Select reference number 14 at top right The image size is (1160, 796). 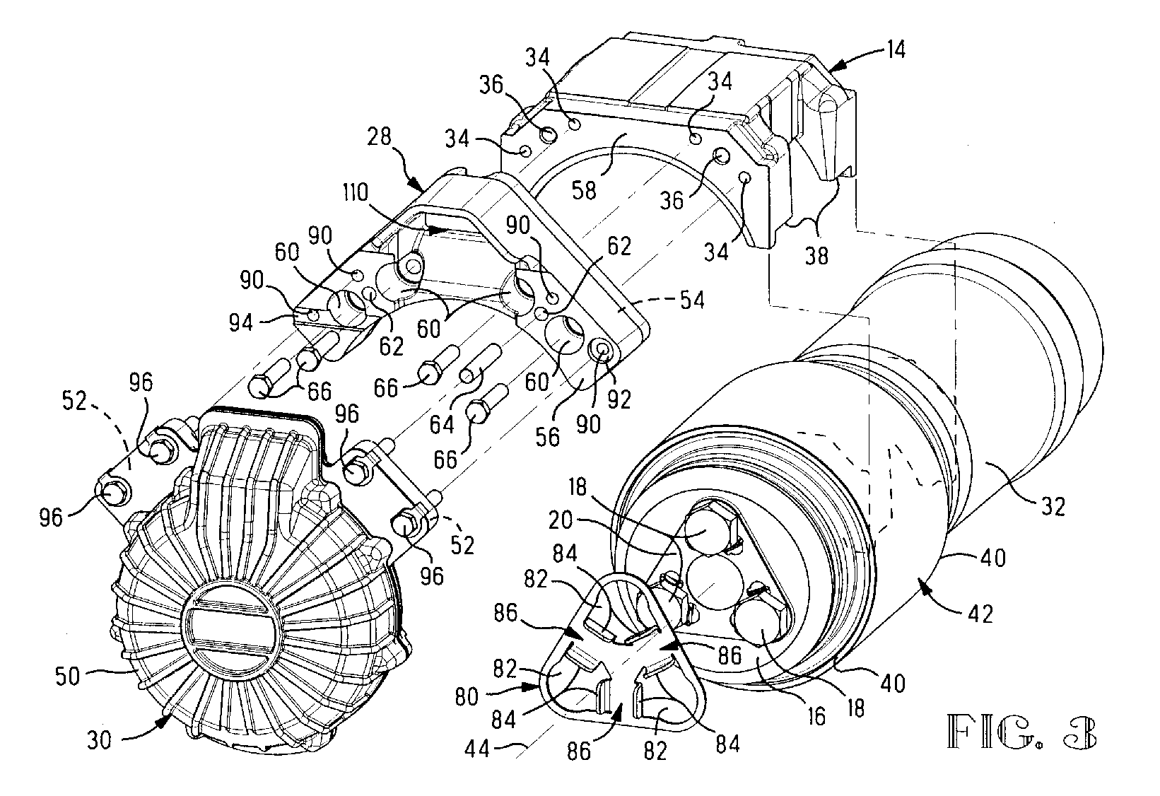[894, 49]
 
